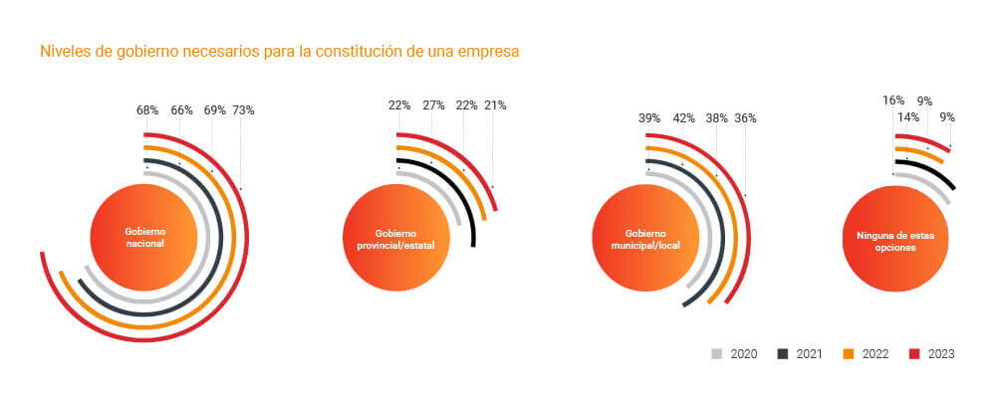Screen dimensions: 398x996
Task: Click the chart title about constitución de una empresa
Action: click(x=279, y=51)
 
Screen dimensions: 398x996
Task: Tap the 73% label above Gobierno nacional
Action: click(x=243, y=110)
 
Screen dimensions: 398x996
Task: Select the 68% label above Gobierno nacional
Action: click(x=148, y=110)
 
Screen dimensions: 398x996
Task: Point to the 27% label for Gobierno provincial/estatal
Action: click(x=433, y=105)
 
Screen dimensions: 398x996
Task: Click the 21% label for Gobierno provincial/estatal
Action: click(x=495, y=105)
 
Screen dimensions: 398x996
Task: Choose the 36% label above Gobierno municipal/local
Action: click(x=745, y=117)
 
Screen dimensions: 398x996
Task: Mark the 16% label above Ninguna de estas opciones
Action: click(x=893, y=99)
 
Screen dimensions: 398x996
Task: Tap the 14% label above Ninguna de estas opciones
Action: click(x=908, y=116)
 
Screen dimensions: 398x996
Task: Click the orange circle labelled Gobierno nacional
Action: click(x=144, y=237)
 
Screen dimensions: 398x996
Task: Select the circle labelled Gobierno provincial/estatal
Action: click(x=396, y=237)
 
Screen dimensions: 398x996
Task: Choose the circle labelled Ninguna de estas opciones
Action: click(x=895, y=237)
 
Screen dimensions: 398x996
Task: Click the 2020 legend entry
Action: click(x=735, y=353)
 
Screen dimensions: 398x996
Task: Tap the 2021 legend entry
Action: click(x=802, y=353)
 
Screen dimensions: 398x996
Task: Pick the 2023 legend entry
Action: click(x=933, y=353)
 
